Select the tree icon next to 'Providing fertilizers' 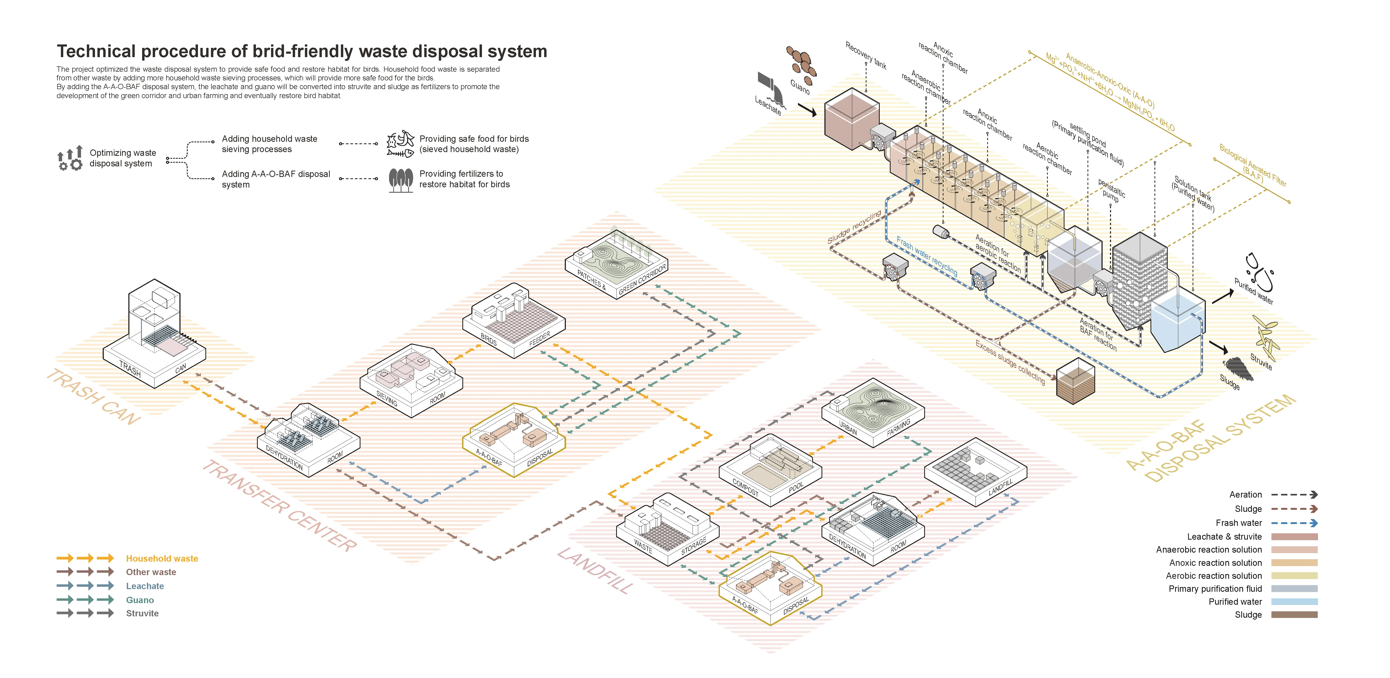coord(400,180)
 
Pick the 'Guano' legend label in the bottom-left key coord(140,600)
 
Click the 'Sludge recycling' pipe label coord(854,226)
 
